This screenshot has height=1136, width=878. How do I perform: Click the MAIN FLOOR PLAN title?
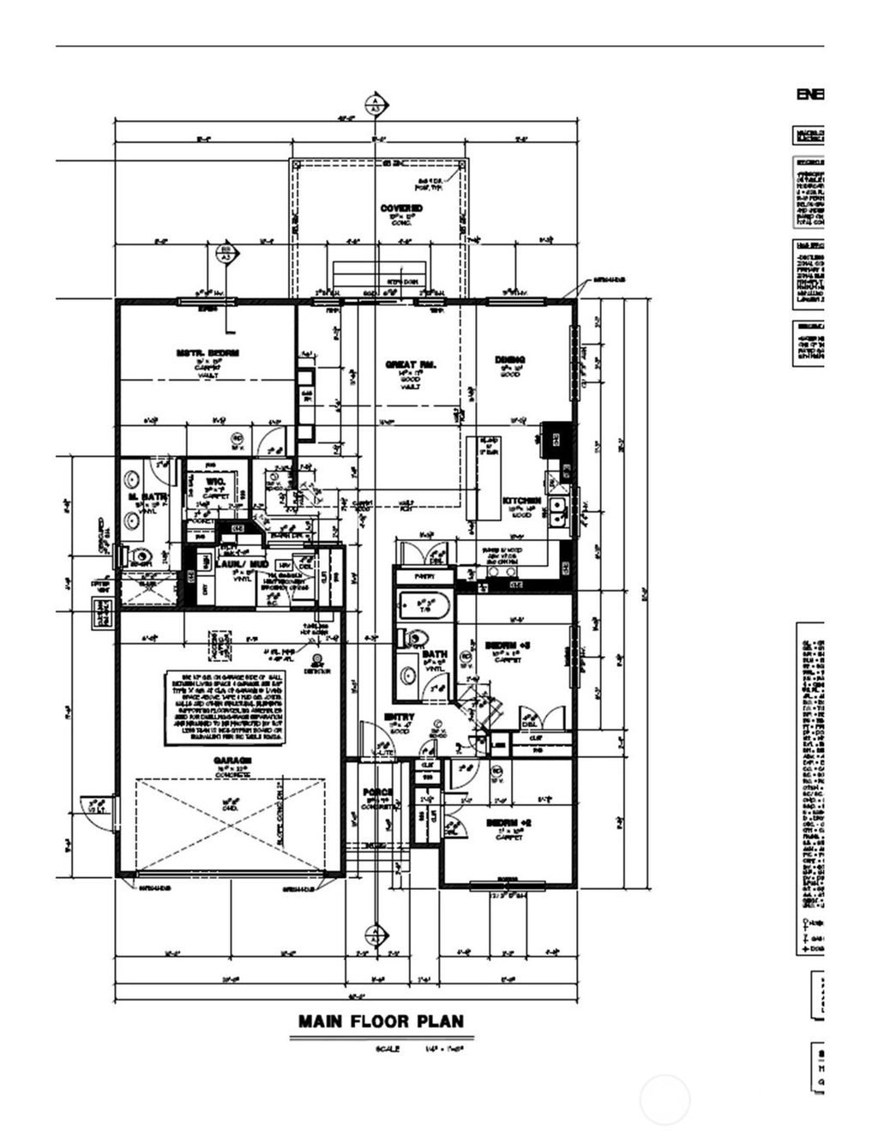pos(381,1021)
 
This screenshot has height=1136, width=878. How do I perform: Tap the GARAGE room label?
pos(232,760)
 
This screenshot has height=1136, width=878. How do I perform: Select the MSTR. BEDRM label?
pos(207,352)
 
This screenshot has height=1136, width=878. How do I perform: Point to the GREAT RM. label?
pos(411,365)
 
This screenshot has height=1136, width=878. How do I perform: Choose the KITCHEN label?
pos(521,501)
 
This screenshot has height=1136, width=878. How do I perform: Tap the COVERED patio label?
pos(401,208)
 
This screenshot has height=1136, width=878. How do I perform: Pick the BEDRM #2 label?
pos(509,823)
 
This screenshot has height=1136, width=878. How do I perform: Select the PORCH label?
pos(377,792)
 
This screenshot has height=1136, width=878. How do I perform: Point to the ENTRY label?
pos(400,717)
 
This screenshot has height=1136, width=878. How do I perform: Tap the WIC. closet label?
pos(215,483)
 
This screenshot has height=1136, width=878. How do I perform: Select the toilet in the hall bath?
pos(416,639)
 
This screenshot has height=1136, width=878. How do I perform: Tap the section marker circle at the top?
pos(375,105)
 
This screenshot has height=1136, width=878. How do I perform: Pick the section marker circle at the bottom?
pos(375,934)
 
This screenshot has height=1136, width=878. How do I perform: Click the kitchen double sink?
pos(558,509)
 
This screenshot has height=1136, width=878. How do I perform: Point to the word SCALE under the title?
pos(387,1049)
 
